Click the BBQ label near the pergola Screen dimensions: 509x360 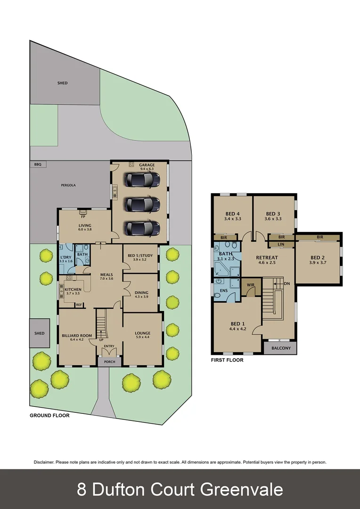tap(38, 164)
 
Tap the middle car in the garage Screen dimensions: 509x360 tap(142, 204)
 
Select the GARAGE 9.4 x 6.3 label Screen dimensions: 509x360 tap(147, 167)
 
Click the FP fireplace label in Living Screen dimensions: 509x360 tap(83, 216)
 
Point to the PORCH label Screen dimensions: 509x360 tap(109, 362)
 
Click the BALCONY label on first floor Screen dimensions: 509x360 tap(280, 349)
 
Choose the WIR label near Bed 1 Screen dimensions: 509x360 tap(251, 285)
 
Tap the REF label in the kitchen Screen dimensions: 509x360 tap(79, 304)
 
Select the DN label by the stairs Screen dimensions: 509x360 tap(287, 283)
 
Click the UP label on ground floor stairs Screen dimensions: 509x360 tap(101, 339)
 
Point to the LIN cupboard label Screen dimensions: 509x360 tap(281, 244)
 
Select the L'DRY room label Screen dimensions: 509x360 tap(65, 246)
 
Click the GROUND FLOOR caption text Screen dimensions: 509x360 tap(49, 416)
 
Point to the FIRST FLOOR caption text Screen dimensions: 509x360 tap(227, 360)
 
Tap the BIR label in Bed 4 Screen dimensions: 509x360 tap(223, 238)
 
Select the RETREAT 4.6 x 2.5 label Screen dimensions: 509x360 tap(267, 260)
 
